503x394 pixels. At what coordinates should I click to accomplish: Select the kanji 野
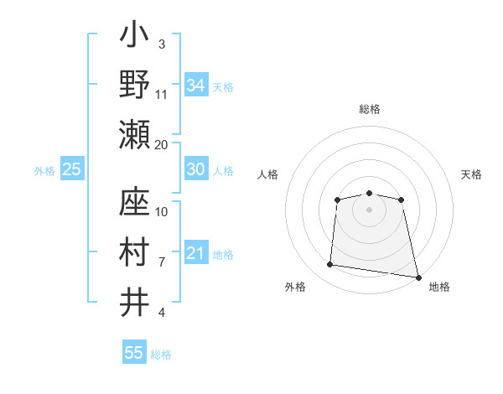click(x=135, y=84)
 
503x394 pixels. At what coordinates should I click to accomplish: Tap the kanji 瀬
click(x=135, y=133)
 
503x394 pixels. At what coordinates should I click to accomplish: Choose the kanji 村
click(x=135, y=251)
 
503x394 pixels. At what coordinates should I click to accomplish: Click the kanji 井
click(x=135, y=300)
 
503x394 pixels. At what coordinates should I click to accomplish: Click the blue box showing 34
click(x=196, y=86)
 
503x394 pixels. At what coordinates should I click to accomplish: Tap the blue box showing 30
click(x=196, y=169)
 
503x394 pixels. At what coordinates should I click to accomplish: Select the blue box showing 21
click(x=196, y=253)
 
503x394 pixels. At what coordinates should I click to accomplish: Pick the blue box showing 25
click(x=72, y=169)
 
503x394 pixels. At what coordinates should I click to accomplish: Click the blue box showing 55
click(x=134, y=353)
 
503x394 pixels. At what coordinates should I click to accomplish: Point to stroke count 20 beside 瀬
click(x=162, y=144)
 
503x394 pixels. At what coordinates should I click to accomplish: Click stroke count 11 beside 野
click(x=162, y=94)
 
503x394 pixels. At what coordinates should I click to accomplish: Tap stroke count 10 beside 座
click(x=162, y=212)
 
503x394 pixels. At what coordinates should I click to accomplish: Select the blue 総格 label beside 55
click(x=161, y=355)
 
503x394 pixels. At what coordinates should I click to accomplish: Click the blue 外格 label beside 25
click(x=44, y=171)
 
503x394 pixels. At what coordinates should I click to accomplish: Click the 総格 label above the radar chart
click(x=369, y=110)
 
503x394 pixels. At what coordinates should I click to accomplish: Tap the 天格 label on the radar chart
click(x=471, y=174)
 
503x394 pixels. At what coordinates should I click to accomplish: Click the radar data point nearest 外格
click(x=330, y=265)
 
